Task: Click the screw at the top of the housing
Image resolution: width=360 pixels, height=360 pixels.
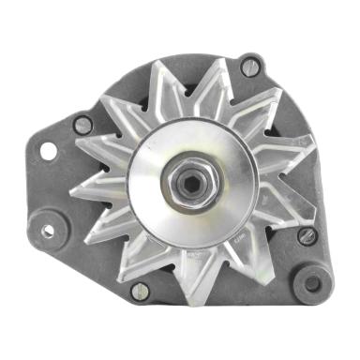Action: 249,67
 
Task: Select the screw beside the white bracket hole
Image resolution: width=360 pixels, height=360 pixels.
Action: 82,124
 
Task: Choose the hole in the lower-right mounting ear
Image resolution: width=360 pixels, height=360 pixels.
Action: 312,282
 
